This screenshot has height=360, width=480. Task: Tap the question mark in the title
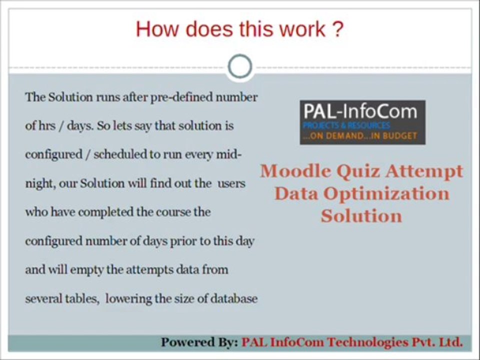click(337, 29)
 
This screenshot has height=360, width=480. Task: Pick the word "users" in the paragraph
click(231, 183)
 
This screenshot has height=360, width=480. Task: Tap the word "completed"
click(105, 211)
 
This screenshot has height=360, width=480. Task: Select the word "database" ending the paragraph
click(234, 298)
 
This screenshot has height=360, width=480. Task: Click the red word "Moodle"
click(295, 171)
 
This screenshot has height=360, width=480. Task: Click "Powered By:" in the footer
click(199, 342)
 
